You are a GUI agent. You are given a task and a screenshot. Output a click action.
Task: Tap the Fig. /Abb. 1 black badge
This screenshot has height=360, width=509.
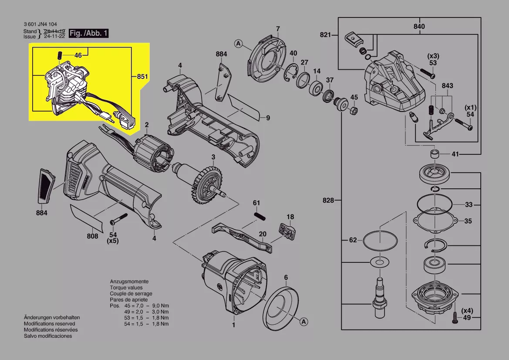(88, 33)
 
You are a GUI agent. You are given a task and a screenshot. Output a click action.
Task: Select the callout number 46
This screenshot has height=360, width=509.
(78, 55)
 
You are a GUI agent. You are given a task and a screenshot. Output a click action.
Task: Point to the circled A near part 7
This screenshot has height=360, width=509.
(238, 43)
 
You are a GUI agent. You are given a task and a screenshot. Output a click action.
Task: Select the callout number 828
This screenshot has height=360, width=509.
(328, 200)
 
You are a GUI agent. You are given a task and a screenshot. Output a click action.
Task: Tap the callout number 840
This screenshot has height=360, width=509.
(419, 27)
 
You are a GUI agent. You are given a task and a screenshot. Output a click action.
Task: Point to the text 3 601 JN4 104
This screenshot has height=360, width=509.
(40, 24)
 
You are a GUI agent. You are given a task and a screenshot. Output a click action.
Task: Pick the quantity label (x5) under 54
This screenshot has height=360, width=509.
(113, 241)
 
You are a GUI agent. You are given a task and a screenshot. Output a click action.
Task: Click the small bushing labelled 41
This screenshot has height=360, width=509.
(434, 154)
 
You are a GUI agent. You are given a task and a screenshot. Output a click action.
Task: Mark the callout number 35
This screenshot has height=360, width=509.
(468, 221)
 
